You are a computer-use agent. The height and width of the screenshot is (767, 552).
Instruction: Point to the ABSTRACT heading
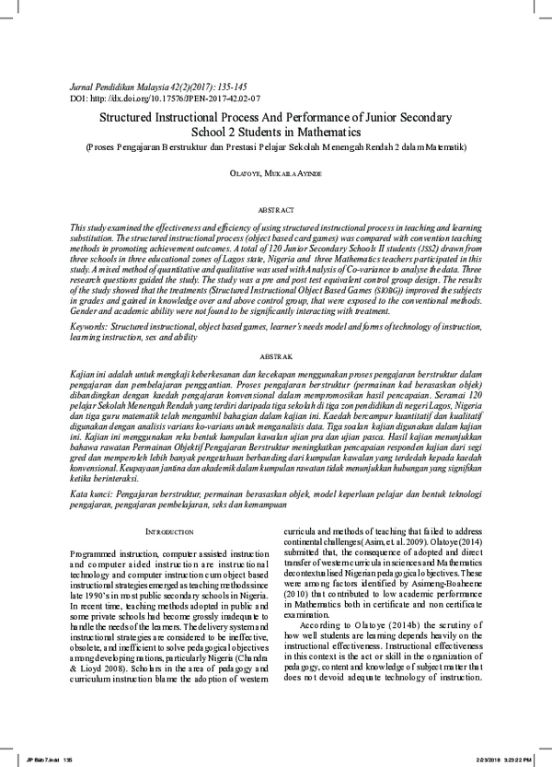coord(275,210)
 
